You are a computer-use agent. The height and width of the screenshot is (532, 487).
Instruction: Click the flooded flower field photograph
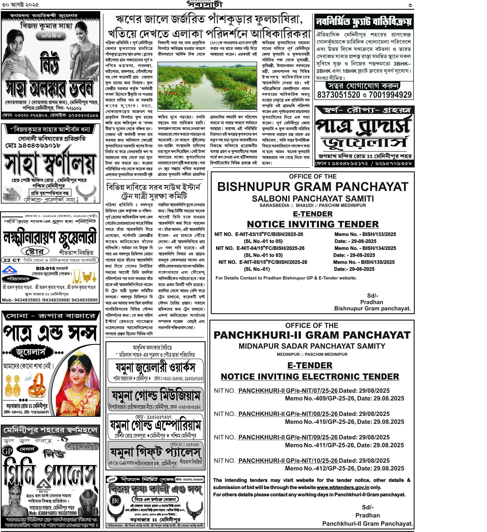point(207,86)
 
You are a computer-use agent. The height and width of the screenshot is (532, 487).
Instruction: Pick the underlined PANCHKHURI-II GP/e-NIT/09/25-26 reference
point(288,437)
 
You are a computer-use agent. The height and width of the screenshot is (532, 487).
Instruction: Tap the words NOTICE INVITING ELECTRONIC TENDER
point(310,377)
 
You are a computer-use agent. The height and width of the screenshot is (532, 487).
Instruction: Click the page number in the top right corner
point(410,5)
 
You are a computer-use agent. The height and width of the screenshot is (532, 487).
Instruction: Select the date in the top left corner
point(20,5)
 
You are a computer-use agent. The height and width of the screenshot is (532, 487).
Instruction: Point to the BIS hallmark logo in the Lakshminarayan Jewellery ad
point(10,270)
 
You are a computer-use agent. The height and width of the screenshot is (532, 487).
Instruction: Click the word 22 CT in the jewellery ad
point(12,260)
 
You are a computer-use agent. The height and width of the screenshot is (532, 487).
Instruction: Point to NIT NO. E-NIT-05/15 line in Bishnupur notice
point(263,262)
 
